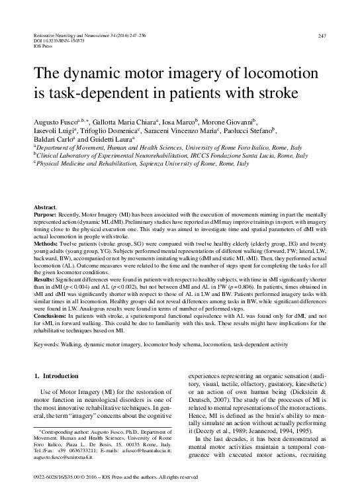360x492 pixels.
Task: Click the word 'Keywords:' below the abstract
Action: click(48, 346)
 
